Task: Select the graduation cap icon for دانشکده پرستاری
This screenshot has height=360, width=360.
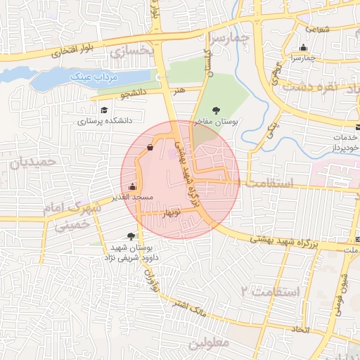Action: [x=104, y=110]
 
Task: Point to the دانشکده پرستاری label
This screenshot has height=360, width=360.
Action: [x=105, y=121]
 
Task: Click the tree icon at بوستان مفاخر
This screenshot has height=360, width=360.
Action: [x=217, y=110]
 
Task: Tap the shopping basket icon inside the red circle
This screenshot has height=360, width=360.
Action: [x=150, y=148]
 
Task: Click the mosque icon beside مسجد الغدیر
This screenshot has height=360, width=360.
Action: [x=133, y=187]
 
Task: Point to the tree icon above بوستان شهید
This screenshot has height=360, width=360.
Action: [x=131, y=237]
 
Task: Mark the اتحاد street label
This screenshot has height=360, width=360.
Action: [x=300, y=329]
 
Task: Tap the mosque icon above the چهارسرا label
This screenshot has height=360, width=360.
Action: [x=303, y=49]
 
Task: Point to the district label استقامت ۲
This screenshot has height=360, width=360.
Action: [x=271, y=290]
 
